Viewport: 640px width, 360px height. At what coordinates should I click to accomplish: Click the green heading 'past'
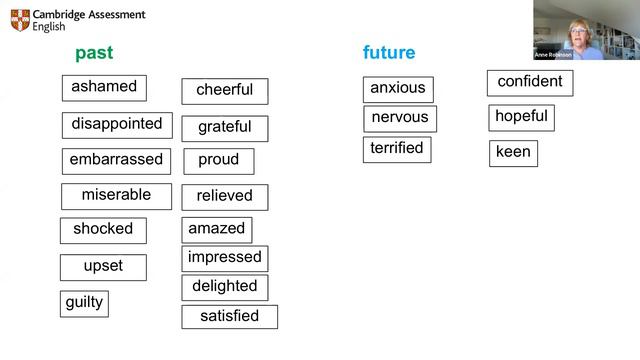[x=94, y=53]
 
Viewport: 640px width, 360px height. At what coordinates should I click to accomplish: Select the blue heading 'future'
[x=388, y=53]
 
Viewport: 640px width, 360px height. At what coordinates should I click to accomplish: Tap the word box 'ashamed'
[x=104, y=88]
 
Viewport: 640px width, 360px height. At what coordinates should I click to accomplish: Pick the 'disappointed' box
[x=116, y=125]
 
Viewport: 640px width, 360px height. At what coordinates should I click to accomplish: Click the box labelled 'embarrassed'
[x=116, y=160]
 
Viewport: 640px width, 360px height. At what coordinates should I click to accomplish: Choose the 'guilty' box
[x=84, y=303]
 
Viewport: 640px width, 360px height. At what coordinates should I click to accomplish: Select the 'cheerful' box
[x=224, y=91]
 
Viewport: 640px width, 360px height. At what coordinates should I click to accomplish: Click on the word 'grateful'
[x=224, y=128]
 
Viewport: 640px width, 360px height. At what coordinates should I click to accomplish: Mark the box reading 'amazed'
[x=217, y=229]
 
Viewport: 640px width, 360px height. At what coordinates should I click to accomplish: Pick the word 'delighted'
[x=224, y=287]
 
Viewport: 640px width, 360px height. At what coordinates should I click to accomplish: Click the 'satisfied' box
[x=229, y=317]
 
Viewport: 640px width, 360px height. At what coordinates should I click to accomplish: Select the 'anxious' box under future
[x=398, y=89]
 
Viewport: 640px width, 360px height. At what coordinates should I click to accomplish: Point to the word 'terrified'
[x=397, y=149]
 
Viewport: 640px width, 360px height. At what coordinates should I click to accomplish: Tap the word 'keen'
[x=513, y=153]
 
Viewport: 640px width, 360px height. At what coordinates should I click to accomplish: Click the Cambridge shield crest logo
[x=20, y=20]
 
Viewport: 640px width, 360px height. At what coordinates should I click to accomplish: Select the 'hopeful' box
[x=521, y=117]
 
